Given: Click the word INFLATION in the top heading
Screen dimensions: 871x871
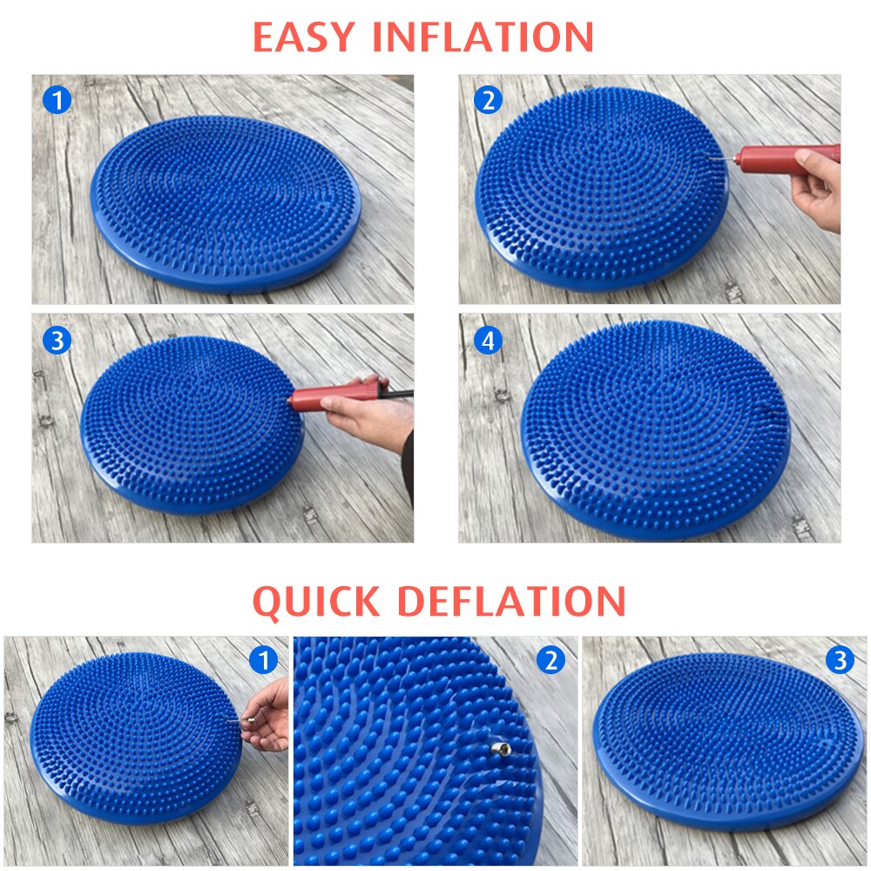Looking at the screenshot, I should click(x=483, y=37).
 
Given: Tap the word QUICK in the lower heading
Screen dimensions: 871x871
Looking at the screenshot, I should click(x=316, y=601).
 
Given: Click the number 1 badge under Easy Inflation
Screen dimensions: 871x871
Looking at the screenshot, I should click(x=57, y=101).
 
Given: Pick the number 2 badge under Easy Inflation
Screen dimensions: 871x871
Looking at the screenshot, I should click(x=488, y=100).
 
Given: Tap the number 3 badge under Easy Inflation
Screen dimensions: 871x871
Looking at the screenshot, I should click(x=57, y=341).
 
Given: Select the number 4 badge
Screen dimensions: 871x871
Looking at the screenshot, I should click(x=488, y=341).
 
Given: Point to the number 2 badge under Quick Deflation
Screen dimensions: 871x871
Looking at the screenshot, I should click(x=550, y=661).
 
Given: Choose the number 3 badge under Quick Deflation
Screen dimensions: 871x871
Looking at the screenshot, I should click(x=840, y=661).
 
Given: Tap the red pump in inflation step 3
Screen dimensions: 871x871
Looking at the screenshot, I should click(x=327, y=397).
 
